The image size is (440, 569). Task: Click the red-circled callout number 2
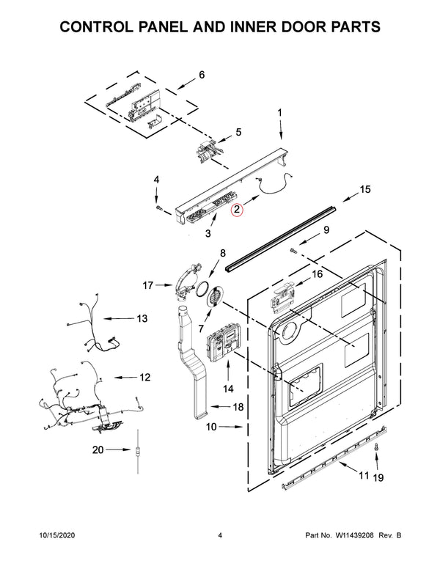pos(237,210)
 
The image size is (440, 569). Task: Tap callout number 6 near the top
pos(201,75)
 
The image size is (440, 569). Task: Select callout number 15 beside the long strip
pos(365,190)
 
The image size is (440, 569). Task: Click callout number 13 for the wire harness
pos(141,319)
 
